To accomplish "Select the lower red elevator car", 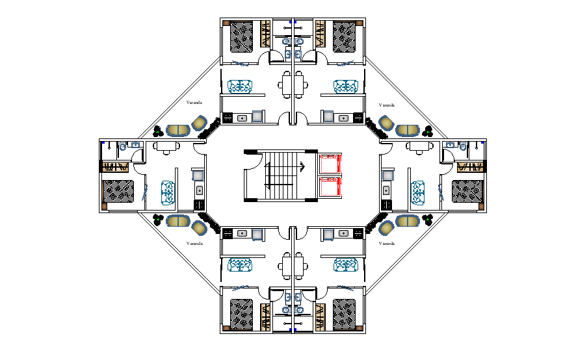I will pos(330,187).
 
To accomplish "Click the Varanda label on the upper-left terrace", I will pos(194,103).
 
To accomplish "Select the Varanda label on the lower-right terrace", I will pos(386,243).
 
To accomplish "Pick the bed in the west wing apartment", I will pos(117,191).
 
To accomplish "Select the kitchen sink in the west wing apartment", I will pos(198,191).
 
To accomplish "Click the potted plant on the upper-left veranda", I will pos(158,131).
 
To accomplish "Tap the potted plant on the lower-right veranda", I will pos(427,219).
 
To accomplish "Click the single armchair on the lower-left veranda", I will pos(199,227).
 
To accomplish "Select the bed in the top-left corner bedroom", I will pos(242,36).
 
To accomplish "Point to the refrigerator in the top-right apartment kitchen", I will pos(328,116).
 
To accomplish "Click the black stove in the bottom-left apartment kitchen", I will pos(228,232).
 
